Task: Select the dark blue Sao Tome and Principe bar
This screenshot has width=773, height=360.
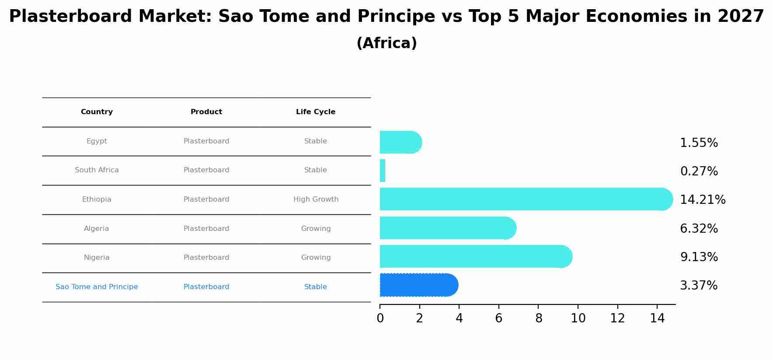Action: (419, 285)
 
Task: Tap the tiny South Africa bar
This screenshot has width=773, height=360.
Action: (383, 171)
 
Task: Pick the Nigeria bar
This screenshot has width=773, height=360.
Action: (476, 256)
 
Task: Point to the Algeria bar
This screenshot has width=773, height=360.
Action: (448, 228)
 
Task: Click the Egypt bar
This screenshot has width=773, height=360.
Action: (401, 142)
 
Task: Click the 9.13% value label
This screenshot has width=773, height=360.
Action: (699, 257)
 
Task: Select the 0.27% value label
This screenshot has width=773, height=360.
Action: (699, 171)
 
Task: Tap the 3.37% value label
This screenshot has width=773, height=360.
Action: (699, 285)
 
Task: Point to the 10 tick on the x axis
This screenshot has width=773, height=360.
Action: (578, 318)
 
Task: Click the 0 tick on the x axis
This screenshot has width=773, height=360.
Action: (380, 318)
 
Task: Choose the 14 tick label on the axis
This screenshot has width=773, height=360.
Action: (657, 318)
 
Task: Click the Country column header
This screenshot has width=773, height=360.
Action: (97, 112)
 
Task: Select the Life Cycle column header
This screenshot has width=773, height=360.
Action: (316, 112)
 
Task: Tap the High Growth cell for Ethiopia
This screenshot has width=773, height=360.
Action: (316, 199)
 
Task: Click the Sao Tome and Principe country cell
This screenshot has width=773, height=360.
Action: (97, 287)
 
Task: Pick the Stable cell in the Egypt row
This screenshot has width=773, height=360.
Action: (316, 141)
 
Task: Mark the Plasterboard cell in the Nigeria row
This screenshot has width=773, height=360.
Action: (206, 258)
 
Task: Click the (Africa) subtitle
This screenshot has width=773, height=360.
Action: (387, 43)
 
